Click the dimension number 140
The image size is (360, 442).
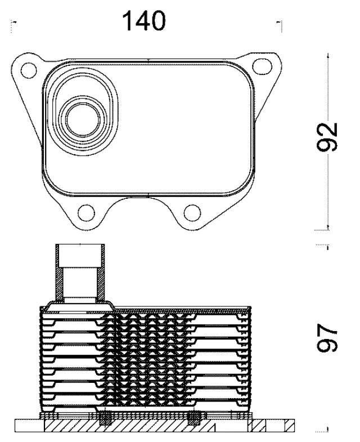coord(145,21)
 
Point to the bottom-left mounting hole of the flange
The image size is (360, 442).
coord(86,213)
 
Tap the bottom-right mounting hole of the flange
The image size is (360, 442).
coord(192,213)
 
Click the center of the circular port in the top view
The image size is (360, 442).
coord(84,118)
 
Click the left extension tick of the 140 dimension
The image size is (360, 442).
coord(12,24)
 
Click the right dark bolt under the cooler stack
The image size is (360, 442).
coord(193,419)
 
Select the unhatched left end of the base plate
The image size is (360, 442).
coord(28,427)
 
